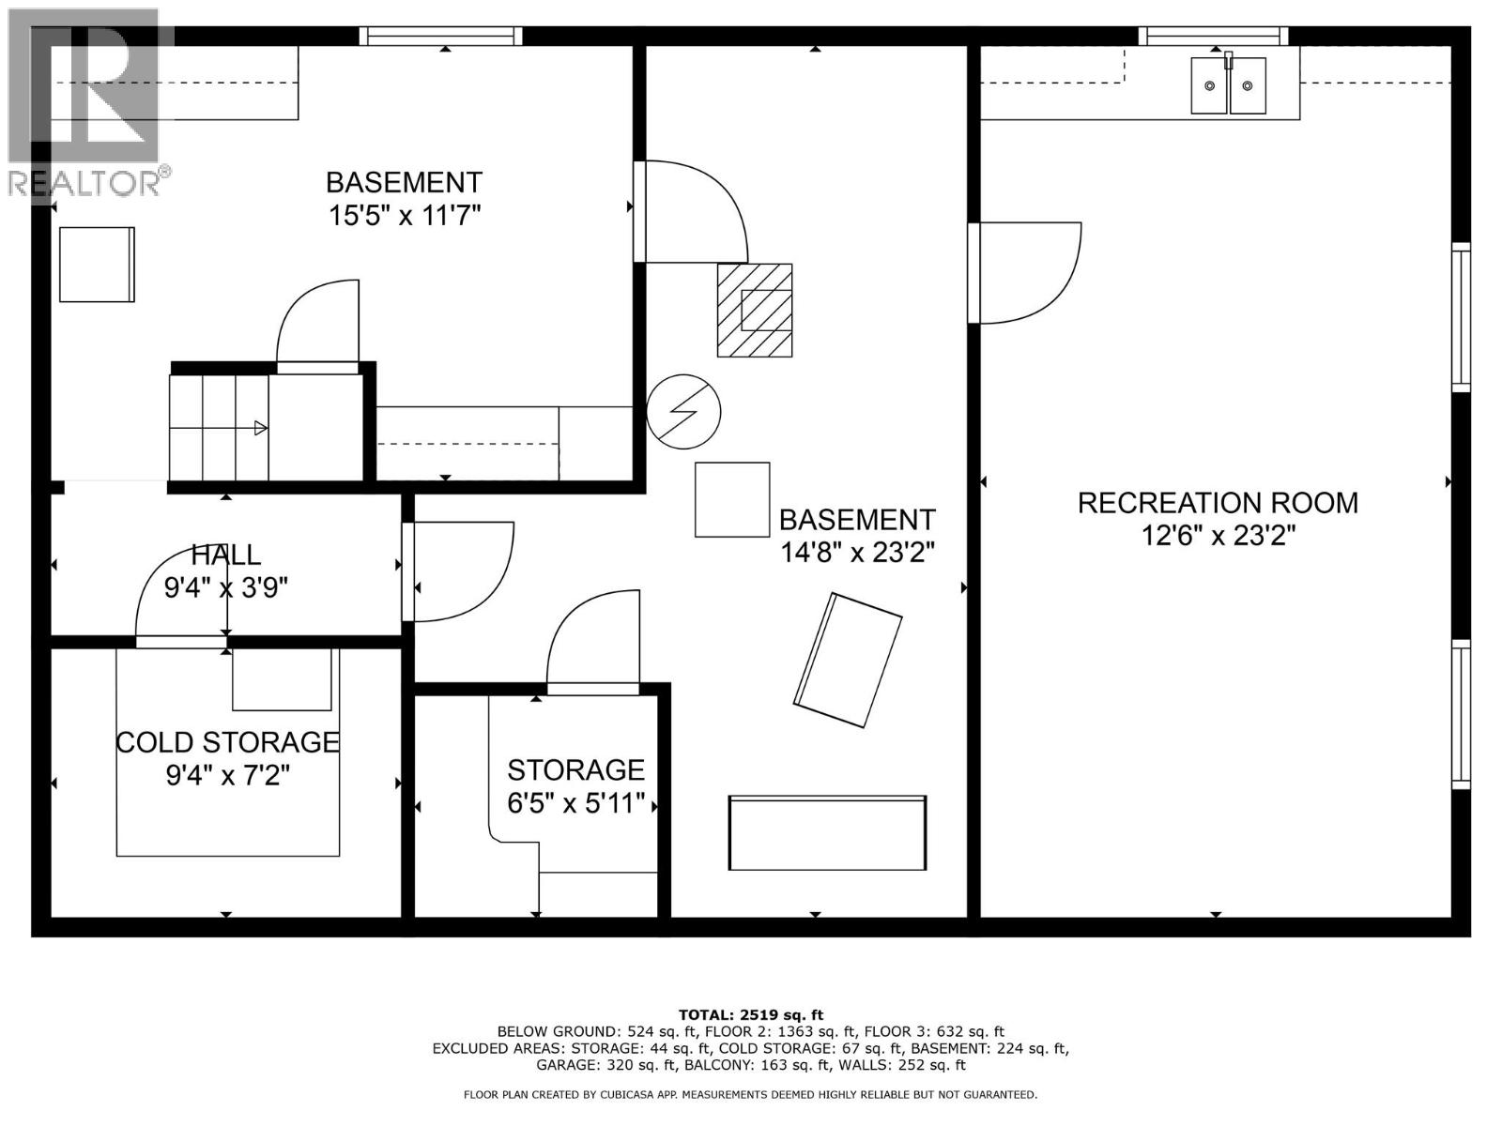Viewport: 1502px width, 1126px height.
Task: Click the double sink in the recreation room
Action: (x=1228, y=85)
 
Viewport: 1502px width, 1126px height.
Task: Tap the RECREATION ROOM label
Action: (x=1218, y=503)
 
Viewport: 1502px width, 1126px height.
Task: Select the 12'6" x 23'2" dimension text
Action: (x=1218, y=536)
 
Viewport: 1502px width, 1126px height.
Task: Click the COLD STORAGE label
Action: (x=227, y=742)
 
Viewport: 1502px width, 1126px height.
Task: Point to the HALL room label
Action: (x=225, y=555)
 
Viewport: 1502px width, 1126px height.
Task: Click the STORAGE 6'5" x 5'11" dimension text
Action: (x=576, y=804)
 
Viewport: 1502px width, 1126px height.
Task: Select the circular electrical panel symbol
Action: (x=683, y=411)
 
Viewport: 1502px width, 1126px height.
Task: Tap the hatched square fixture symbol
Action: (x=755, y=310)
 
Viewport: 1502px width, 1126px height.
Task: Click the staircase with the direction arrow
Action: (x=219, y=428)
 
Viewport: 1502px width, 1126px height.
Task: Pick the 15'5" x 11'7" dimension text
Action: (x=404, y=216)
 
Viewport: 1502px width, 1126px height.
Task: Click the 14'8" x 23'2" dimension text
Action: (x=857, y=553)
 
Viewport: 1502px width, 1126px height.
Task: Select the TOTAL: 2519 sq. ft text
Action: (x=750, y=1014)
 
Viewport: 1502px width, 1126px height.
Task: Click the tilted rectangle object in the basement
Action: (x=848, y=660)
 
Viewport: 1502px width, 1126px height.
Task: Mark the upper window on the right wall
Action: (x=1461, y=316)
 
